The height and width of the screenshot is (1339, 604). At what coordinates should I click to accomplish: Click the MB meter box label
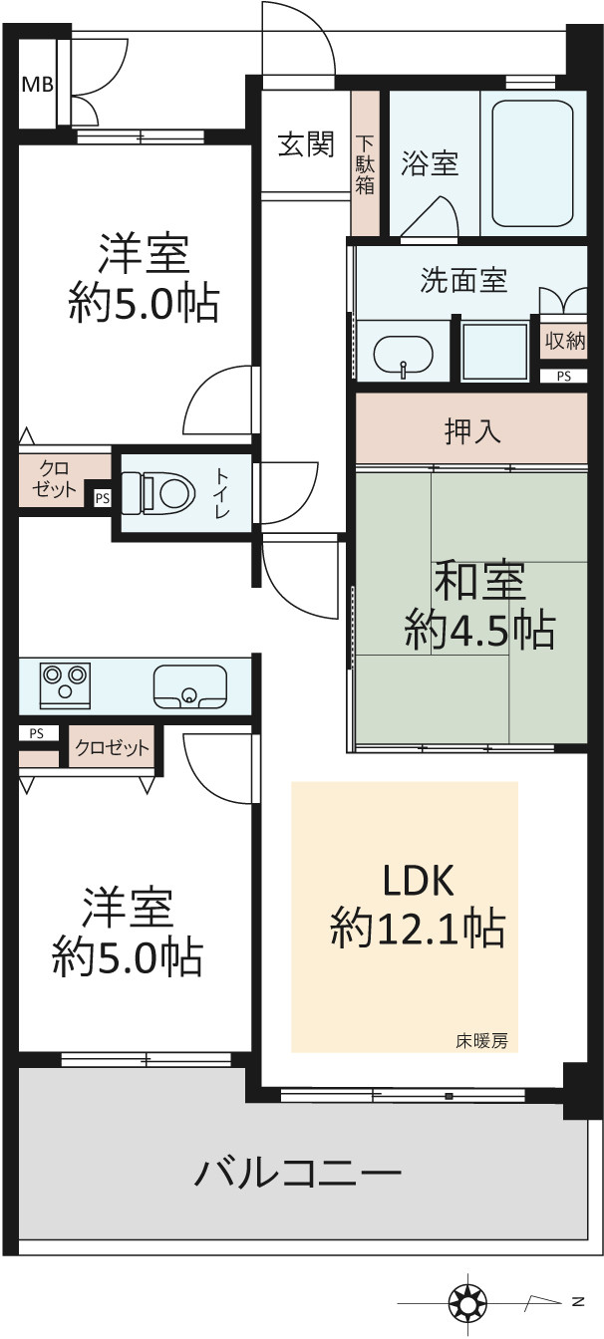(x=38, y=85)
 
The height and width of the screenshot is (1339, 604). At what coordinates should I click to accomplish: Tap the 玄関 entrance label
(x=306, y=144)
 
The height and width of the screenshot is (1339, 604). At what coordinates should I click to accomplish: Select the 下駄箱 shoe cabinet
(x=365, y=163)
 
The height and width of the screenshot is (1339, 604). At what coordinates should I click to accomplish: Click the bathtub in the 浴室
(x=532, y=162)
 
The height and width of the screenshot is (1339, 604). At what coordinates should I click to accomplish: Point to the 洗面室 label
(x=463, y=280)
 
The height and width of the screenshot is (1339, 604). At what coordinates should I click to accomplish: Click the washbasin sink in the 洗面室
(x=403, y=357)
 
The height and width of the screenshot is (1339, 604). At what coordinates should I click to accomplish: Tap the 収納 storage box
(x=564, y=342)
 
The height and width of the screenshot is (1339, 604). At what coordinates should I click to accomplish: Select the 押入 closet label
(x=471, y=431)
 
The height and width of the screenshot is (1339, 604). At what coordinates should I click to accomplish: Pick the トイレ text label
(x=222, y=492)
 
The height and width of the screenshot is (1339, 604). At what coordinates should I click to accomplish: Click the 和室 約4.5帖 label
(x=479, y=606)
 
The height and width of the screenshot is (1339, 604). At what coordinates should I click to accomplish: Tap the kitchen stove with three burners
(x=65, y=684)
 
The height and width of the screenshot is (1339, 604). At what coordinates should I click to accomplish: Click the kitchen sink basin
(x=190, y=686)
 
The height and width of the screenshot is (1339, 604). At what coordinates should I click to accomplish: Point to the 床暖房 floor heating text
(x=481, y=1041)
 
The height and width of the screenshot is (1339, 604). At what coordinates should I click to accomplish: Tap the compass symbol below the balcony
(x=468, y=1300)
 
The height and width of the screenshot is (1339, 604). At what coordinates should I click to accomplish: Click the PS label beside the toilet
(x=103, y=498)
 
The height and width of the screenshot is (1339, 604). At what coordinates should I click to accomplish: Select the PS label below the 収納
(x=563, y=376)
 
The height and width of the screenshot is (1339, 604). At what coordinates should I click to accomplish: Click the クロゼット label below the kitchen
(x=112, y=747)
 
